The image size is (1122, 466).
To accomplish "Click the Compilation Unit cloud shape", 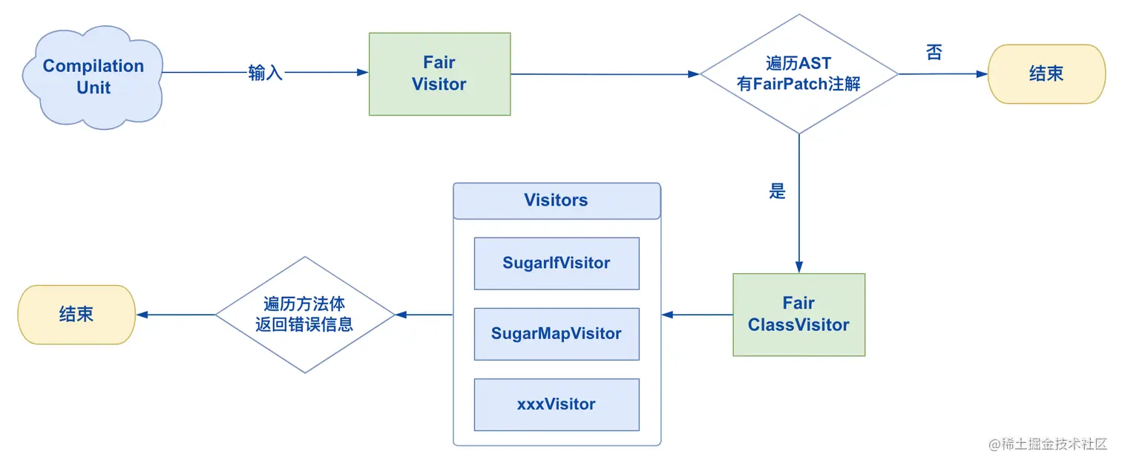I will click(x=93, y=76).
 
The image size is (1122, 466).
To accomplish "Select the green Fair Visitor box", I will click(x=439, y=73).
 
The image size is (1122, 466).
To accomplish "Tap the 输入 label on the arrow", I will click(x=266, y=73).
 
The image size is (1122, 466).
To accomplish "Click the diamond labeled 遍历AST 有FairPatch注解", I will click(x=798, y=73).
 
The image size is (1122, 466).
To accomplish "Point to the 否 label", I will click(x=934, y=52).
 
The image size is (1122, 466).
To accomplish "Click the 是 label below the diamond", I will click(x=777, y=191).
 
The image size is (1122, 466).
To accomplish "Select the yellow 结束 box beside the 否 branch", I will click(x=1046, y=73).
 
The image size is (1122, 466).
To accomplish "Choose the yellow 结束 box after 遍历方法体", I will click(x=76, y=315).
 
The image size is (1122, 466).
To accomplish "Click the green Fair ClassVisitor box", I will click(x=798, y=315).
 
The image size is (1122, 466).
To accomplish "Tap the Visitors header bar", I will click(x=556, y=200).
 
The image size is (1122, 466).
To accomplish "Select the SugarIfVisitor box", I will click(x=556, y=263).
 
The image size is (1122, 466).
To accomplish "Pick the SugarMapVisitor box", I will click(x=556, y=333).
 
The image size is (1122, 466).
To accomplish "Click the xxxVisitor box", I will click(x=556, y=404).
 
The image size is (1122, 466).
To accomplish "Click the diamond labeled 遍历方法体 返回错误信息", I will click(x=304, y=315).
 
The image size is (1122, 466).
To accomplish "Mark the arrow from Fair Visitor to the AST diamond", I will click(x=605, y=74).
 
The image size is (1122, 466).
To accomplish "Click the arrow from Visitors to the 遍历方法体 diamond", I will click(x=424, y=315).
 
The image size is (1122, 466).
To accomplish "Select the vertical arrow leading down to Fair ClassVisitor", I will click(x=799, y=223).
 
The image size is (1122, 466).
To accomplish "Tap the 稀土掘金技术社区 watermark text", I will click(x=1054, y=444).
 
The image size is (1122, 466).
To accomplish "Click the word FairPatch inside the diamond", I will click(x=790, y=84).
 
